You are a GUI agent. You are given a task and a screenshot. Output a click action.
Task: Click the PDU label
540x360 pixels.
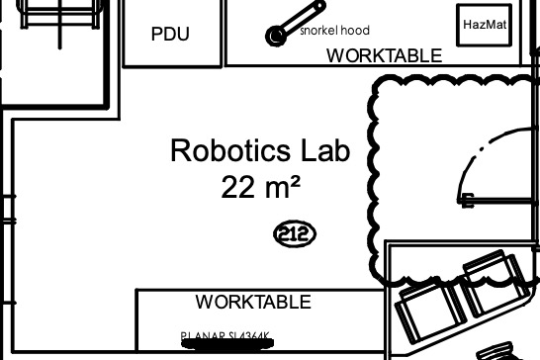170,34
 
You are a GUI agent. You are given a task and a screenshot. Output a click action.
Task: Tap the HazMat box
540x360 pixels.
485,25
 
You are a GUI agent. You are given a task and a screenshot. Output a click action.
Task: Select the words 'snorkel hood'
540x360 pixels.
334,31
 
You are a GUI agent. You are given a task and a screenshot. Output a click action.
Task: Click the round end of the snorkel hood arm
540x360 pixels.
275,37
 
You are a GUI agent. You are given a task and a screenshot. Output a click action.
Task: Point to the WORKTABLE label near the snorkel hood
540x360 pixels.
384,55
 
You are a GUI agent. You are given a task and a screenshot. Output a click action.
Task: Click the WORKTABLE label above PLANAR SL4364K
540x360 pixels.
253,302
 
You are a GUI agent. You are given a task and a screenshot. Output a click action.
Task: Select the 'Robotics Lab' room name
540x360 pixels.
260,151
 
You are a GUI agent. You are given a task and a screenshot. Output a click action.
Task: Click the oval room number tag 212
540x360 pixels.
294,234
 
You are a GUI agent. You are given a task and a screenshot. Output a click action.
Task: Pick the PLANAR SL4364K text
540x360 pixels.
225,336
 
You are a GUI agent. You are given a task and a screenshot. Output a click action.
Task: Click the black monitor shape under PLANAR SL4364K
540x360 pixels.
225,345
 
